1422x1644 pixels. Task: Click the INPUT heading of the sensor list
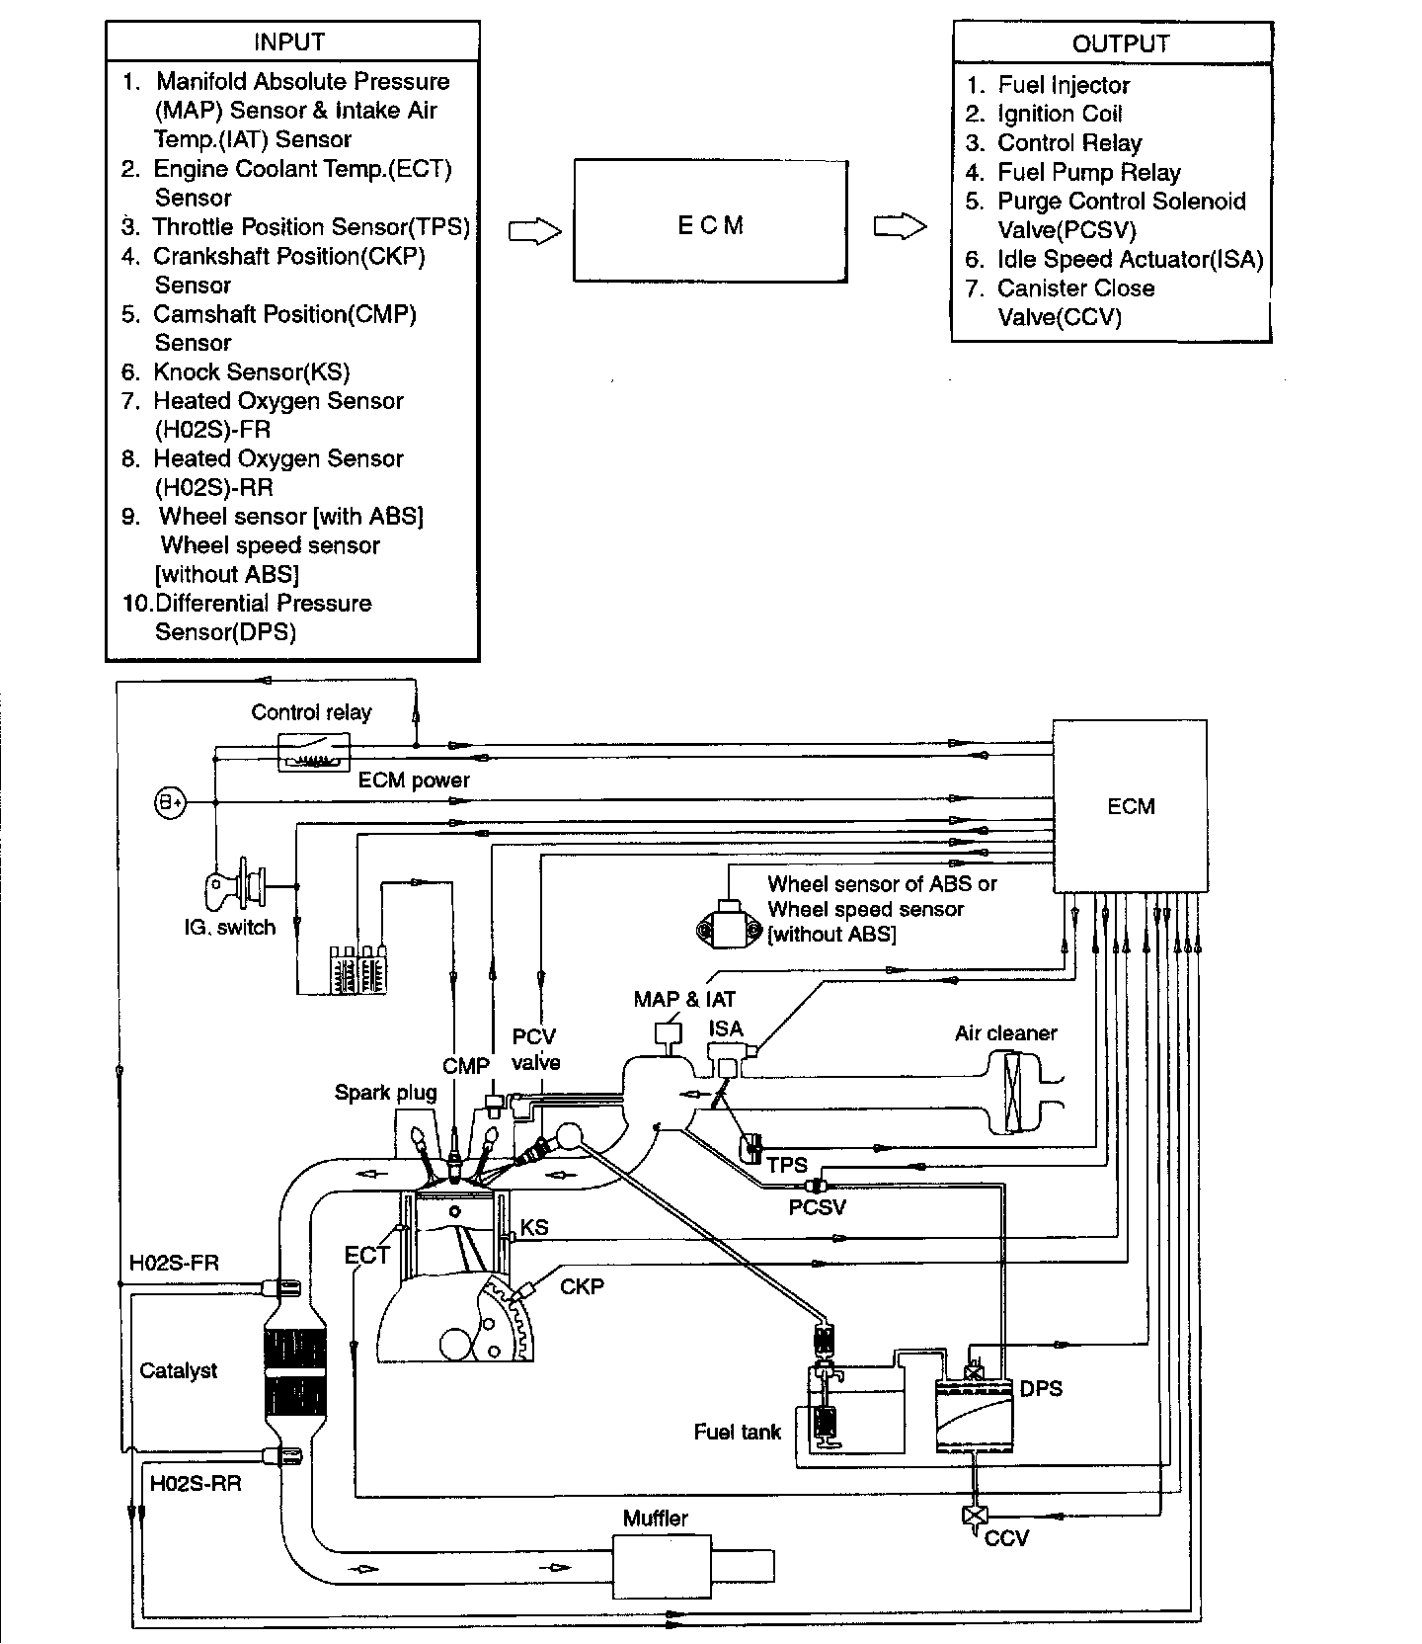coord(288,42)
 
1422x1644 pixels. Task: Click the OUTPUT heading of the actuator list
coord(1120,43)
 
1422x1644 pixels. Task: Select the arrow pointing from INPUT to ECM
coord(534,231)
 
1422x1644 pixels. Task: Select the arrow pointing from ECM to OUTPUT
coord(901,228)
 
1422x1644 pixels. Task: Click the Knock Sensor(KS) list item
coord(251,371)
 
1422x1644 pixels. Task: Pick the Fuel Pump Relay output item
coord(1088,173)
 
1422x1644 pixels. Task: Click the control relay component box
coord(313,753)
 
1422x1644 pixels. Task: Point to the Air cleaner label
coord(1005,1033)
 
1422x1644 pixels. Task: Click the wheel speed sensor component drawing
coord(730,924)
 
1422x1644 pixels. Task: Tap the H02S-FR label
coord(174,1263)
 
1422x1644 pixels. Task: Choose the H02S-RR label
coord(196,1483)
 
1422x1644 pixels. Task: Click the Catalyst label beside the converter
coord(179,1370)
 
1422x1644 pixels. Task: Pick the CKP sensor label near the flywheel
coord(582,1286)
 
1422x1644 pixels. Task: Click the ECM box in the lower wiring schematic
coord(1130,806)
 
